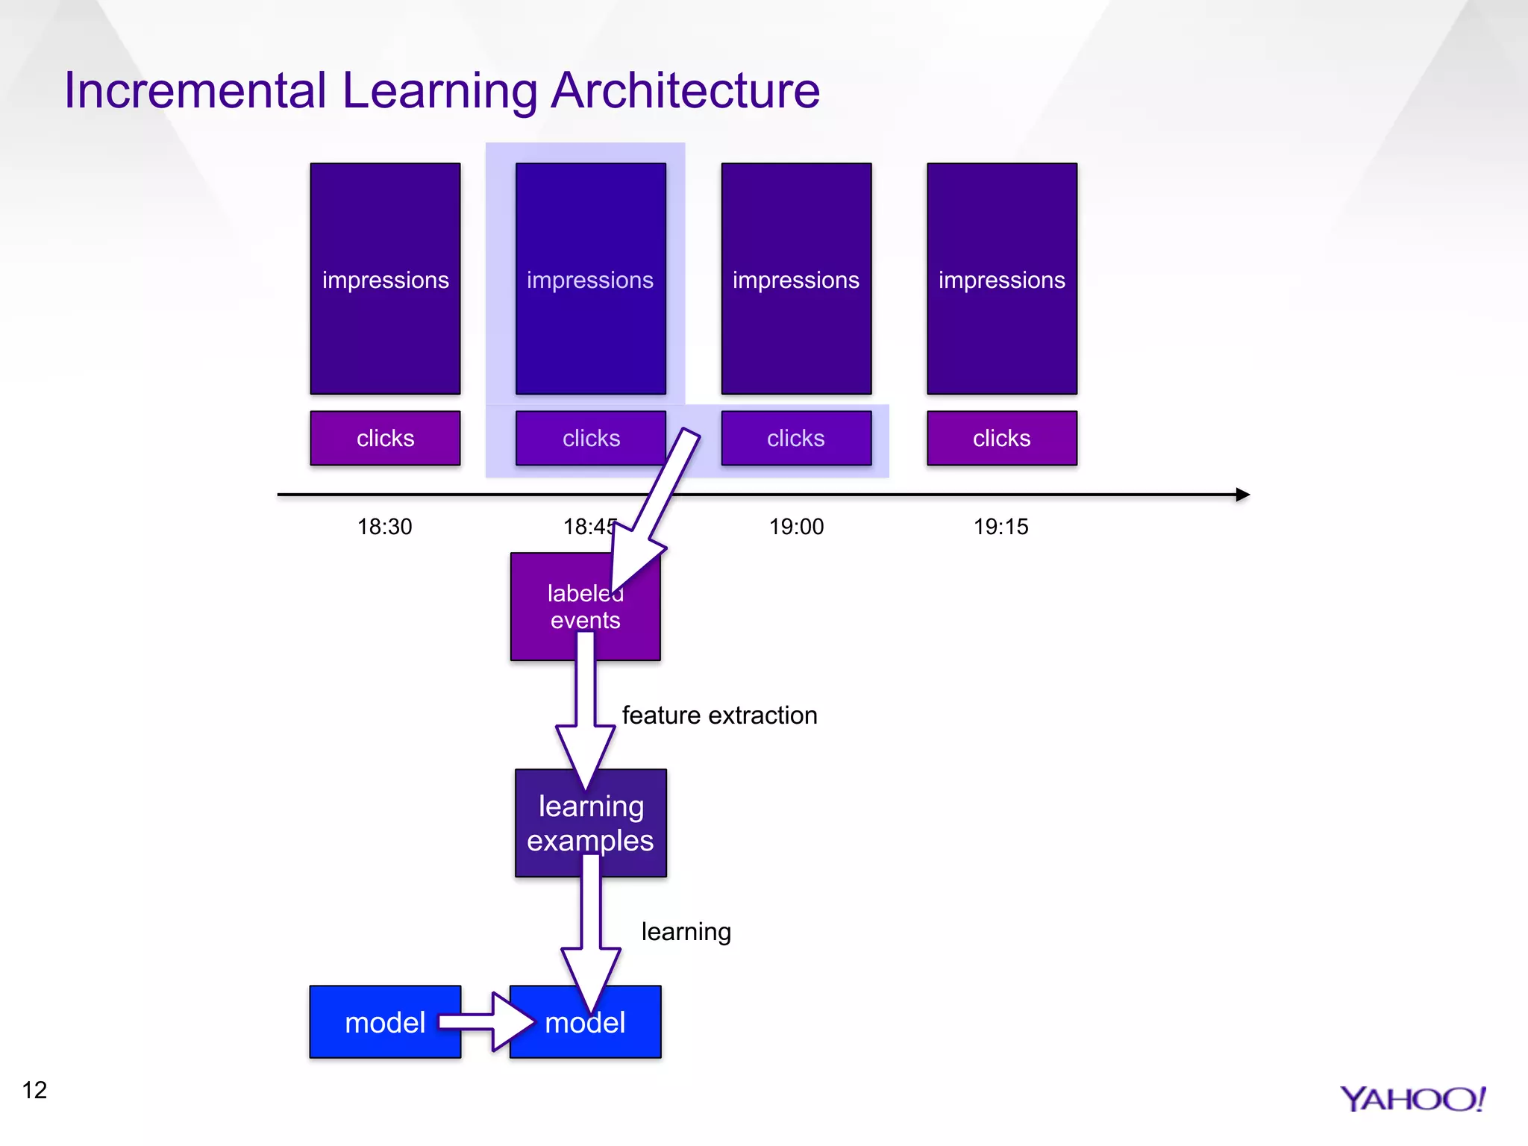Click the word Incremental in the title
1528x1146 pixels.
pyautogui.click(x=195, y=91)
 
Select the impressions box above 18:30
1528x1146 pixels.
pyautogui.click(x=385, y=278)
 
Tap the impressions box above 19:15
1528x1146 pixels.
pyautogui.click(x=1001, y=278)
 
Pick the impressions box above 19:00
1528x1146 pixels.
pyautogui.click(x=796, y=278)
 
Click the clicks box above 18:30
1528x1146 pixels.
pyautogui.click(x=385, y=438)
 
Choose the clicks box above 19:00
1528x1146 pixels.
pyautogui.click(x=796, y=438)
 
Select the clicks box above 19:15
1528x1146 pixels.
pyautogui.click(x=1001, y=438)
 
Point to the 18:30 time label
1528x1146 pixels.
pyautogui.click(x=384, y=527)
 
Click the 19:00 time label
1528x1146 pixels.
pyautogui.click(x=796, y=527)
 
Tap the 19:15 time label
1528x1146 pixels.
pyautogui.click(x=1001, y=527)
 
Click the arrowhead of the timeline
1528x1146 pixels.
pyautogui.click(x=1241, y=495)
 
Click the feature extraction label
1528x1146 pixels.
pyautogui.click(x=719, y=716)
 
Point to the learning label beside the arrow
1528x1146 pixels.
pyautogui.click(x=686, y=932)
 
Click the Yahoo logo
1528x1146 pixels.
pyautogui.click(x=1412, y=1099)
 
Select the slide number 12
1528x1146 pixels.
pyautogui.click(x=34, y=1090)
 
